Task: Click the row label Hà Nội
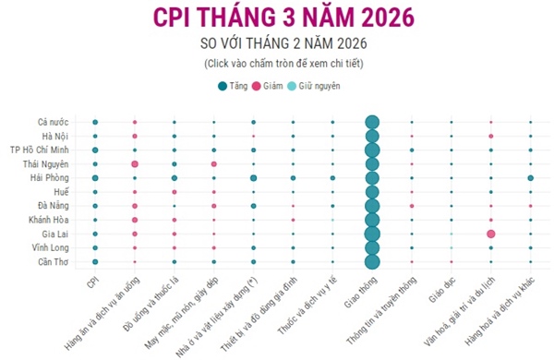coord(66,136)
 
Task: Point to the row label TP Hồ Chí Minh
coord(45,150)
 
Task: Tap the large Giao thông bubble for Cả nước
coord(372,122)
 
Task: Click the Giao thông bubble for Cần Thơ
coord(372,262)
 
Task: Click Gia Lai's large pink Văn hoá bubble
coord(491,234)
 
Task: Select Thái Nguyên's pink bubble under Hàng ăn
coord(135,163)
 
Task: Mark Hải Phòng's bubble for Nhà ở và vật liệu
coord(253,177)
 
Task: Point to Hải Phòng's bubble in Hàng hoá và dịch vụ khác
coord(531,177)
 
